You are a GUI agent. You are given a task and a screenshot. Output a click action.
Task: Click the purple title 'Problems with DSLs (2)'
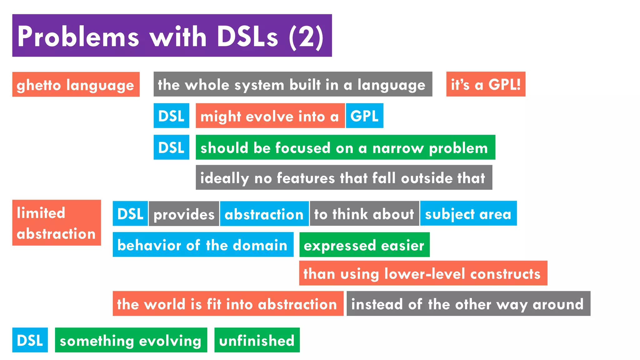pyautogui.click(x=172, y=35)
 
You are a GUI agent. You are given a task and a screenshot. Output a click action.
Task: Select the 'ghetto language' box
pyautogui.click(x=76, y=84)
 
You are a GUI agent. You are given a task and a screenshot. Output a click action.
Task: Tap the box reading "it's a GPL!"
pyautogui.click(x=486, y=84)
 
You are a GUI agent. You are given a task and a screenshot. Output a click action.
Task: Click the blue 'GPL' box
pyautogui.click(x=364, y=116)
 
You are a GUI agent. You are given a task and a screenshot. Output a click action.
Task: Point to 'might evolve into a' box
pyautogui.click(x=270, y=116)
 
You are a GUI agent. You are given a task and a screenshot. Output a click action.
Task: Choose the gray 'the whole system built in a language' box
pyautogui.click(x=293, y=84)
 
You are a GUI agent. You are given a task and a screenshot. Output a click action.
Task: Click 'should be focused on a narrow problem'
pyautogui.click(x=345, y=147)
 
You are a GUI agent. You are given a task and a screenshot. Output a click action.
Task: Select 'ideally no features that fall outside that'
pyautogui.click(x=344, y=177)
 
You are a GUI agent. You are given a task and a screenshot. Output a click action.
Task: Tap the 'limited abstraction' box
pyautogui.click(x=57, y=222)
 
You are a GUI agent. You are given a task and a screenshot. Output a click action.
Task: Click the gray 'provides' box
pyautogui.click(x=184, y=213)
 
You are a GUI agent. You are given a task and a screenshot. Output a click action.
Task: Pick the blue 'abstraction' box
pyautogui.click(x=264, y=213)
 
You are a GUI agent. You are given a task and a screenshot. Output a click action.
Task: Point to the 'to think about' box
pyautogui.click(x=364, y=213)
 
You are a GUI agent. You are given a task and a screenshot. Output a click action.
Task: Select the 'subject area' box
pyautogui.click(x=468, y=213)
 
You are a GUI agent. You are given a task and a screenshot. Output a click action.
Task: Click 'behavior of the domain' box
pyautogui.click(x=203, y=244)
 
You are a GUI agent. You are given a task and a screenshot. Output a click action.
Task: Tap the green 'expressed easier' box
pyautogui.click(x=364, y=245)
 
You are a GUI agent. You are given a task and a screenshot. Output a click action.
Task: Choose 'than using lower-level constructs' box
pyautogui.click(x=423, y=273)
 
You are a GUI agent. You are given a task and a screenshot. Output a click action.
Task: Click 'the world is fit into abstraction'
pyautogui.click(x=228, y=303)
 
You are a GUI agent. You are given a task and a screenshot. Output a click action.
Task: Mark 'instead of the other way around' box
pyautogui.click(x=468, y=303)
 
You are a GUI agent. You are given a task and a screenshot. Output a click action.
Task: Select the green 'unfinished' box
pyautogui.click(x=257, y=340)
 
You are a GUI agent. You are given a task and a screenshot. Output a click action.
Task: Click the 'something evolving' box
pyautogui.click(x=131, y=340)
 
